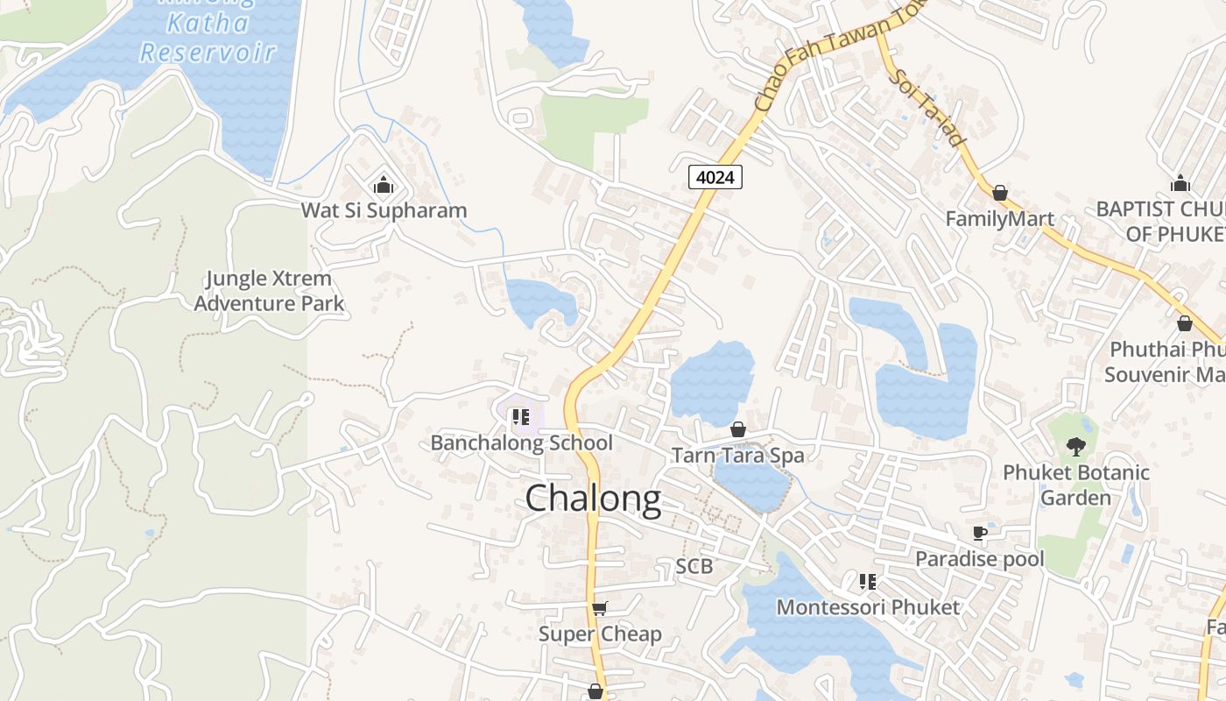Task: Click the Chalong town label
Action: (593, 499)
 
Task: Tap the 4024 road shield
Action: (715, 177)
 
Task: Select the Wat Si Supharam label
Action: (384, 210)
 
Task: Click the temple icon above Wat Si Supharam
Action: (383, 185)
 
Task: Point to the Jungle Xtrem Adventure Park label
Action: (269, 291)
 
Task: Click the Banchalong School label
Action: (521, 443)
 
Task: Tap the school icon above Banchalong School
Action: (520, 417)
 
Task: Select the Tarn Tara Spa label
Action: (737, 455)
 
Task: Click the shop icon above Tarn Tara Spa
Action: (738, 429)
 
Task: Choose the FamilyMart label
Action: (999, 218)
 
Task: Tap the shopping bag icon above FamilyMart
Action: (999, 192)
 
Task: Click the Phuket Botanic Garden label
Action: (1075, 485)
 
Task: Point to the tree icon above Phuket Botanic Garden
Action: (1075, 447)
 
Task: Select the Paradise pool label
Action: (979, 558)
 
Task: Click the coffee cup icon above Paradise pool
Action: (980, 533)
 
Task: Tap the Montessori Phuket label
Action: (868, 606)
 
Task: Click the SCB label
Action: (694, 566)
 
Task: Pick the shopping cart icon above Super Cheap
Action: (600, 608)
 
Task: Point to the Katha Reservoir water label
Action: (208, 37)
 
